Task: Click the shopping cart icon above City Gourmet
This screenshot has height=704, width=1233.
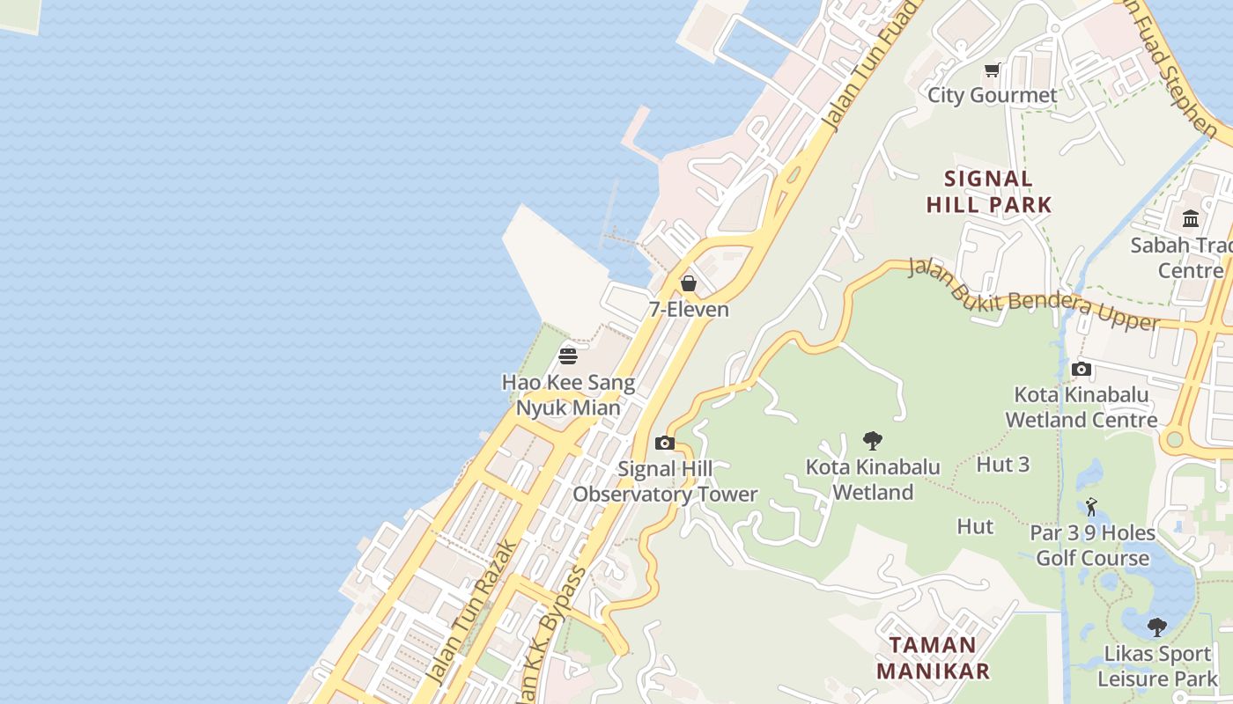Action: click(x=993, y=70)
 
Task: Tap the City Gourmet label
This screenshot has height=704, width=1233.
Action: click(x=993, y=95)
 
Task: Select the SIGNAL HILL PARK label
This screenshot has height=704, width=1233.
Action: click(x=989, y=192)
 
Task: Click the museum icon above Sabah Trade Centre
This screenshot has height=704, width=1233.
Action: click(x=1191, y=218)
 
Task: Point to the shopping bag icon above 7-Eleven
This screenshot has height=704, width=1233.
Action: click(x=689, y=283)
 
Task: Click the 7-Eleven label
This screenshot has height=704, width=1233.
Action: click(x=689, y=309)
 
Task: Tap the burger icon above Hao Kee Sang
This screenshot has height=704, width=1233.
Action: click(x=568, y=356)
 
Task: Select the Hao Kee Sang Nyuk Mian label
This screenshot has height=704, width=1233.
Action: click(x=568, y=395)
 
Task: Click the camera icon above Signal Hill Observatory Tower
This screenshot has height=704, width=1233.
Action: click(x=665, y=443)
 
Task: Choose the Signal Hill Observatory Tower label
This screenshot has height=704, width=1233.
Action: click(x=665, y=481)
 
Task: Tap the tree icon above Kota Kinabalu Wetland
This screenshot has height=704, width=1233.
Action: click(x=873, y=441)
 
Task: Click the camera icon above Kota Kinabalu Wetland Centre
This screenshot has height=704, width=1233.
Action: click(x=1082, y=370)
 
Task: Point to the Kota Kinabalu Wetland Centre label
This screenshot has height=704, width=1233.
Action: click(x=1082, y=407)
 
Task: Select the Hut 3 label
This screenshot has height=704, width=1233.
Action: click(x=1002, y=465)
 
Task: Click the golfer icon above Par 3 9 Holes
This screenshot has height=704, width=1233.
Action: click(x=1092, y=507)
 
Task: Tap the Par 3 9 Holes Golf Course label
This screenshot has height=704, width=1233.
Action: click(x=1092, y=546)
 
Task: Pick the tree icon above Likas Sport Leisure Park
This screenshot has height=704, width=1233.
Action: click(x=1157, y=627)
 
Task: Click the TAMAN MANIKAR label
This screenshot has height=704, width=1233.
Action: click(x=933, y=658)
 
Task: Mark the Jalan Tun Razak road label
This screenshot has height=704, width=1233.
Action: click(x=472, y=613)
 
